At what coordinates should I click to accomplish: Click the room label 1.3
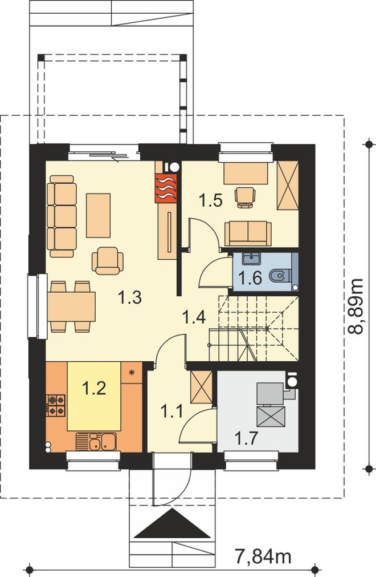point(130,297)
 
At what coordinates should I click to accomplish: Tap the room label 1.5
point(210,200)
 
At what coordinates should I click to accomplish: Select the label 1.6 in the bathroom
point(250,278)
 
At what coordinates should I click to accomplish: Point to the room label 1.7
point(247,438)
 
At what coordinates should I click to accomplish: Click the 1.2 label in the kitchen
point(94,388)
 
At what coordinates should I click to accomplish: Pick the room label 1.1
point(172,411)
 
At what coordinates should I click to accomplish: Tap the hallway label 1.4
point(194,317)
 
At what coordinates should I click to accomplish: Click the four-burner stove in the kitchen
point(56,406)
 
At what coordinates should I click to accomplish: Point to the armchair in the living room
point(108,260)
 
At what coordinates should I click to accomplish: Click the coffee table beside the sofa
point(98,215)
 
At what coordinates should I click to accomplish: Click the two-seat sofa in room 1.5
point(248,233)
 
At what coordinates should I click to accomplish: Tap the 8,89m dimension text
point(355,306)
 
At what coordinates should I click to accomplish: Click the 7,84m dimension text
point(263,556)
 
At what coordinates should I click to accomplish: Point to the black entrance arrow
point(175,523)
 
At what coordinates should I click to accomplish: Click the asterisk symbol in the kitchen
point(132,372)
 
